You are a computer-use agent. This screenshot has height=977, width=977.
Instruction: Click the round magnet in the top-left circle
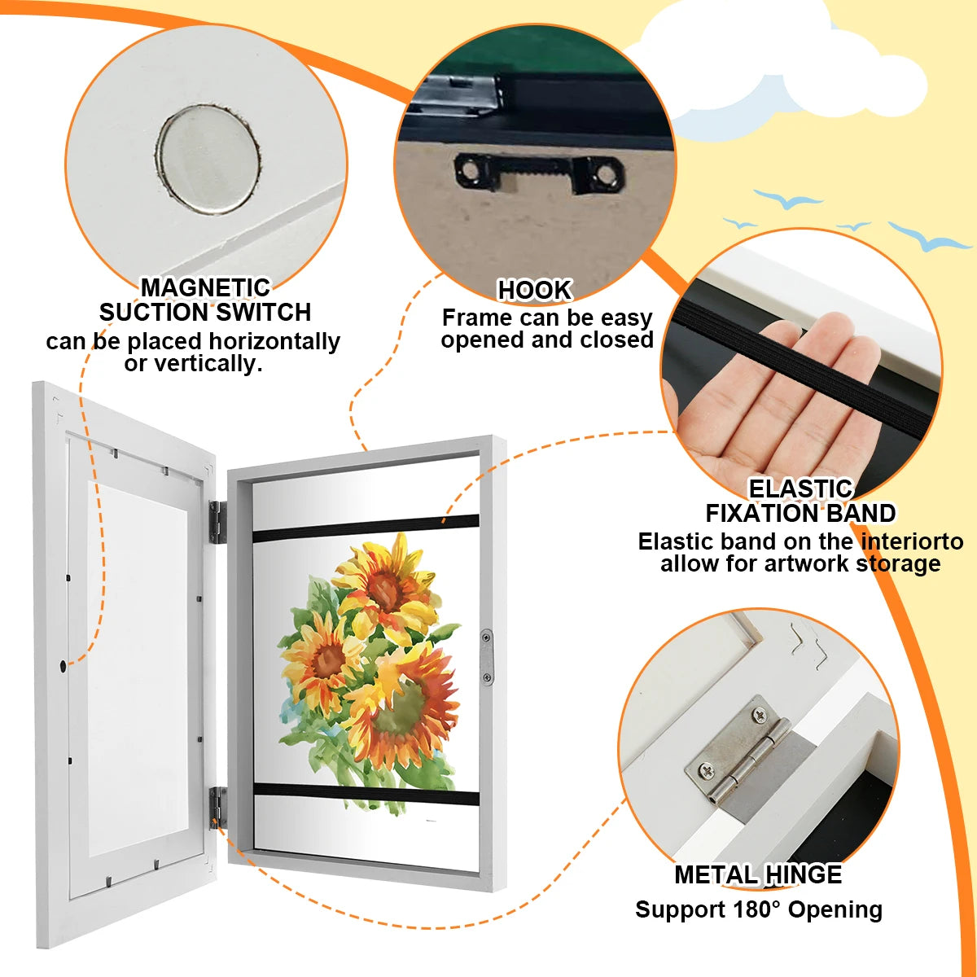click(208, 160)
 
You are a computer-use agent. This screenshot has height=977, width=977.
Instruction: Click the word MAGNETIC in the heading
click(205, 287)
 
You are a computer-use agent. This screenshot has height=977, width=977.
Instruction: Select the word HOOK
click(535, 290)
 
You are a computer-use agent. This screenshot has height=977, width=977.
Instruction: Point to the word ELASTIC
click(800, 488)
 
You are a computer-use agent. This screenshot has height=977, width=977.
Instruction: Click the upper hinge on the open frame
click(217, 522)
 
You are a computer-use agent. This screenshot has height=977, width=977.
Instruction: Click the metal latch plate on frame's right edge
click(487, 656)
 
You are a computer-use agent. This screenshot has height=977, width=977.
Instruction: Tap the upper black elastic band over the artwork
click(366, 528)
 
